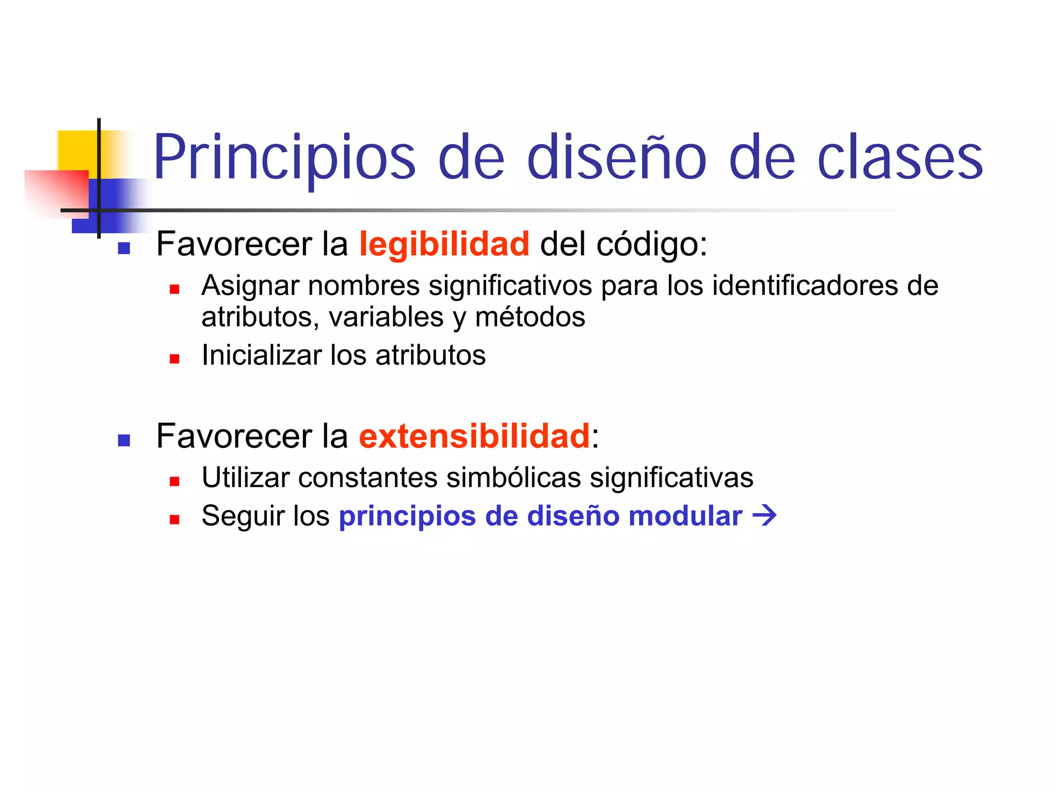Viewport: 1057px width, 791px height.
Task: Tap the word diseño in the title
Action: (x=617, y=158)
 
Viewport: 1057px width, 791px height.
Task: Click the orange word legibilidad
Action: (x=444, y=244)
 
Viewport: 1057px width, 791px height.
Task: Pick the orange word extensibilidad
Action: (x=474, y=436)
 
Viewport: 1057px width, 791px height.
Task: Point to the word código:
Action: (x=652, y=245)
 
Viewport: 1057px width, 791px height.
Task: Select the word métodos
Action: (x=530, y=317)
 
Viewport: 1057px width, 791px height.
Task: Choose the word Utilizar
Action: (x=246, y=477)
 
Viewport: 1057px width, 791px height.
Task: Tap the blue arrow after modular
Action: (x=765, y=516)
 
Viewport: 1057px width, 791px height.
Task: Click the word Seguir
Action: (x=243, y=517)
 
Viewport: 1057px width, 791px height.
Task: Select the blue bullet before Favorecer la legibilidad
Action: (x=124, y=249)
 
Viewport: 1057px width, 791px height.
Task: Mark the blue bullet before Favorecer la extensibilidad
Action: (x=124, y=441)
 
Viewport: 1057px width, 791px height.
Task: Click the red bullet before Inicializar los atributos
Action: (x=174, y=359)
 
